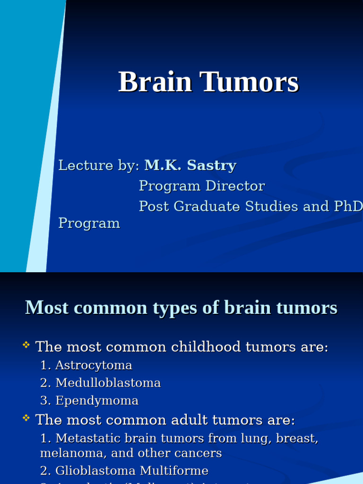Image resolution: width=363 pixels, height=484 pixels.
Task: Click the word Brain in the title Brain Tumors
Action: pos(155,82)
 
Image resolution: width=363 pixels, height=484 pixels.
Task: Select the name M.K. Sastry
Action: pos(190,165)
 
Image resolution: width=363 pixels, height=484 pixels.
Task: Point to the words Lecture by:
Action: pos(99,165)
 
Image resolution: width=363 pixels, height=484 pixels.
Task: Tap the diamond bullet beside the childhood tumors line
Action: pos(26,346)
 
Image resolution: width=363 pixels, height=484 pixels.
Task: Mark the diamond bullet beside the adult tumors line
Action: pos(26,418)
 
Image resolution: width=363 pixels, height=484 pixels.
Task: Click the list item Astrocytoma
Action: pos(94,365)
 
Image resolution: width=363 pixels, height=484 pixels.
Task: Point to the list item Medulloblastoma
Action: pos(108,383)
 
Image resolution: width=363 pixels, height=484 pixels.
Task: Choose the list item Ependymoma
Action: pos(97,401)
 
